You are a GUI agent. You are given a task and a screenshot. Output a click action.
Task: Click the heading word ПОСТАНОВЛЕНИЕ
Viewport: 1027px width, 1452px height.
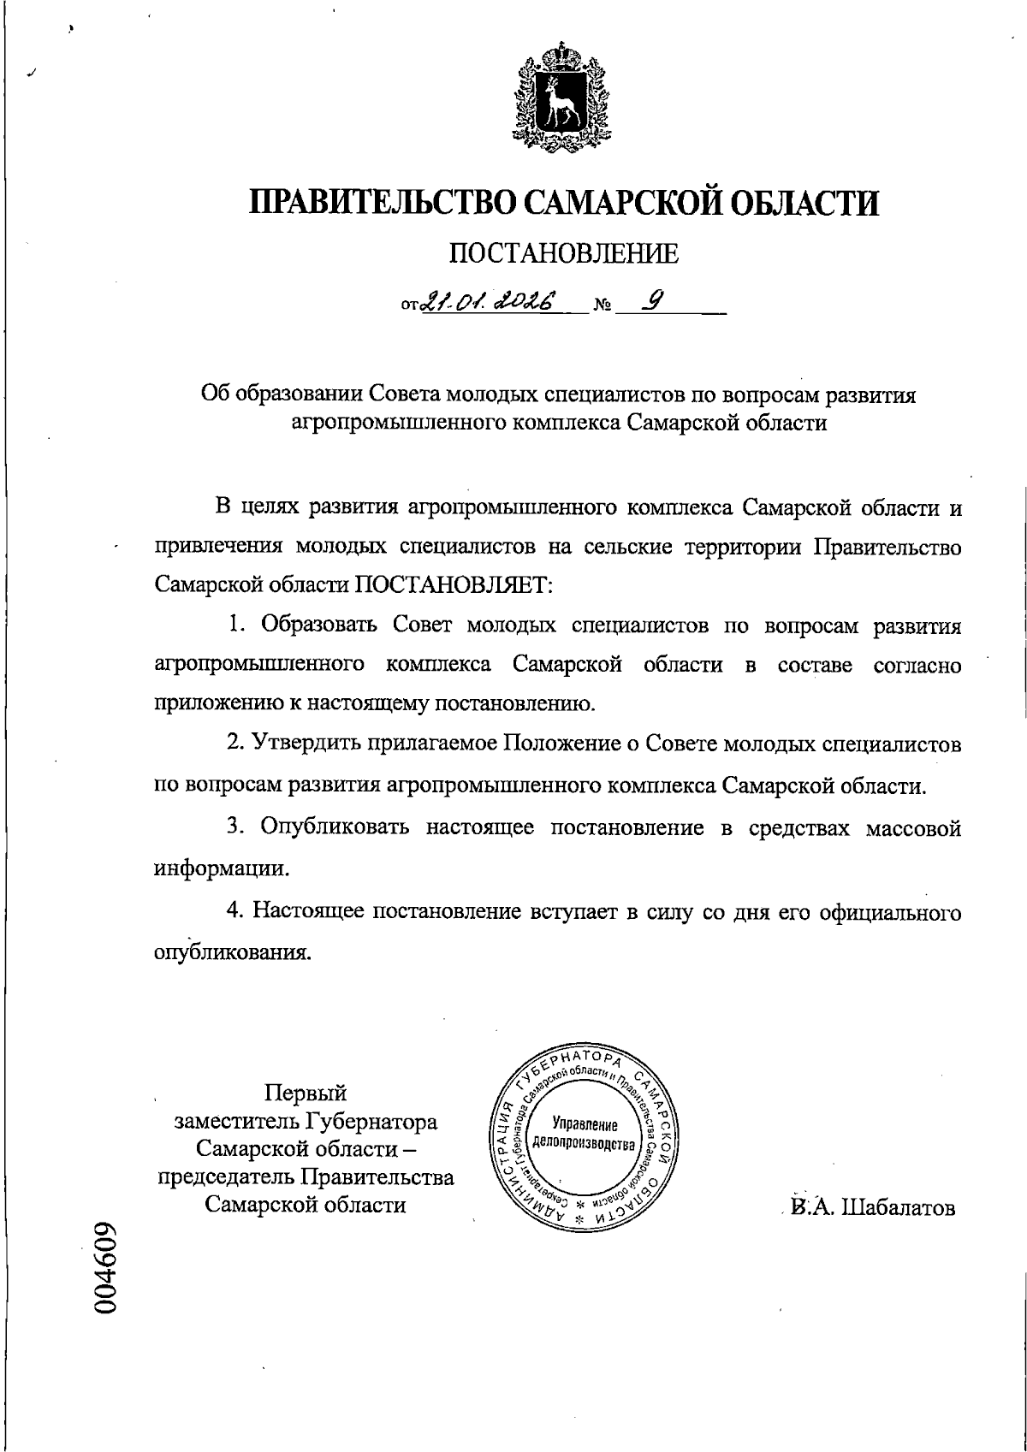(564, 253)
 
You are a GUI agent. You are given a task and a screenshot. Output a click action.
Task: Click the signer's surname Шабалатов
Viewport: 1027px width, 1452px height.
(899, 1207)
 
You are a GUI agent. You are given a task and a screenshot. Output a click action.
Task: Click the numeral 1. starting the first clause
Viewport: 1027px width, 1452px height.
(236, 625)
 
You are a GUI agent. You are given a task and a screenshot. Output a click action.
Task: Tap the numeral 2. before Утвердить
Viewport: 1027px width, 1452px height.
(236, 744)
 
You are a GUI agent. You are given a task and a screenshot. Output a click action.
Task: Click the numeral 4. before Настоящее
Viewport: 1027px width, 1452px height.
(236, 912)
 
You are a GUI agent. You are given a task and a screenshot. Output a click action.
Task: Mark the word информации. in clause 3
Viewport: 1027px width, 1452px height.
(222, 868)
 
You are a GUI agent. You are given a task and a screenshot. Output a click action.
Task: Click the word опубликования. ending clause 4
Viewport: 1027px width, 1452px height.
(232, 952)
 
